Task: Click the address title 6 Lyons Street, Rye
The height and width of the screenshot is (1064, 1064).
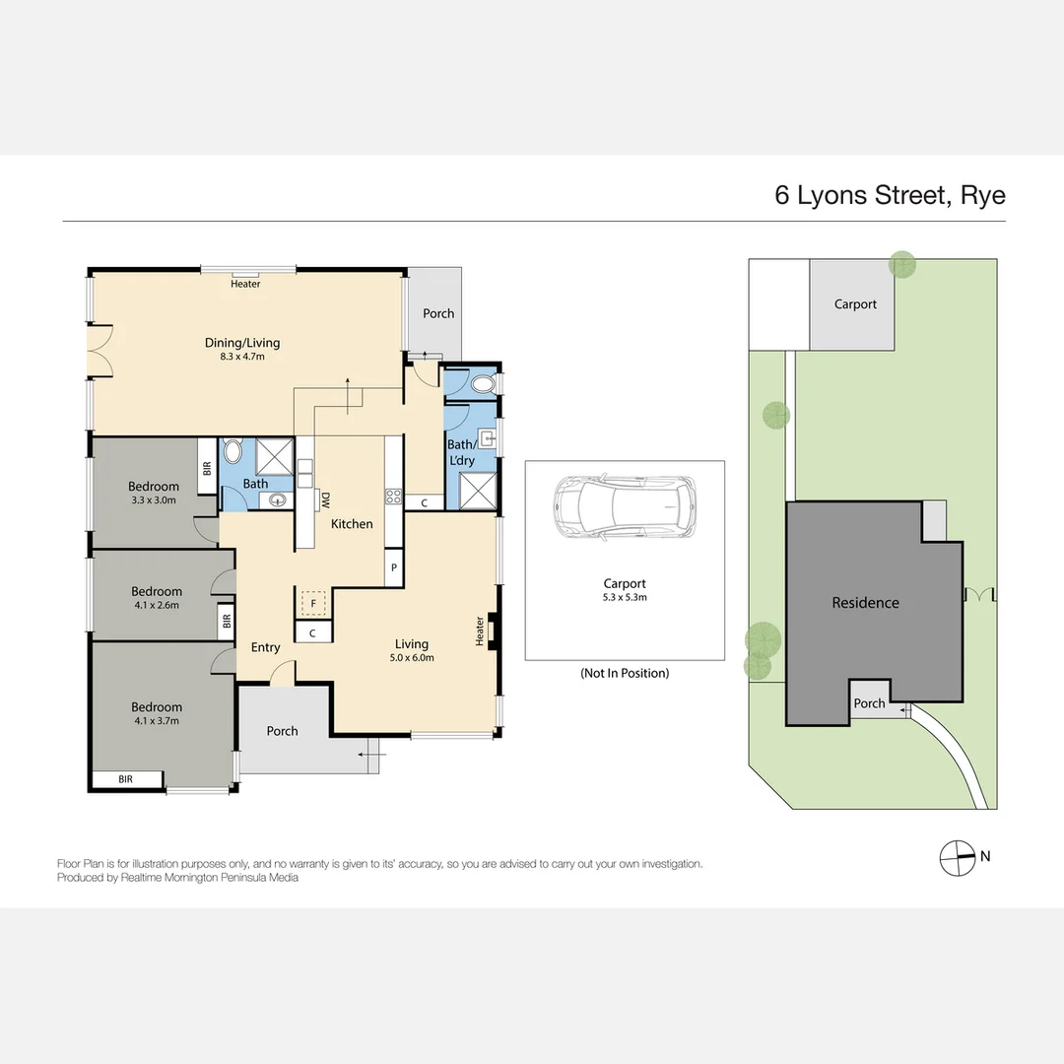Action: [x=890, y=195]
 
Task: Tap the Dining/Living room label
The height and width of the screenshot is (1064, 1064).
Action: [x=242, y=343]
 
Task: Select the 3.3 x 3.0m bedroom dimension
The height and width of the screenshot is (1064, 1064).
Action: [x=154, y=499]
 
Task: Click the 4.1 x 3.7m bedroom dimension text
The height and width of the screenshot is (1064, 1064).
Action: [x=156, y=721]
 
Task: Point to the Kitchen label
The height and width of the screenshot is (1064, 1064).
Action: [x=352, y=524]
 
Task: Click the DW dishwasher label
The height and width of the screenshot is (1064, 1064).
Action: [x=324, y=500]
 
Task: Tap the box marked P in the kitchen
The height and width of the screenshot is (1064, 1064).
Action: [x=394, y=568]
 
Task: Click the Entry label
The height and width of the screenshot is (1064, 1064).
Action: [x=265, y=647]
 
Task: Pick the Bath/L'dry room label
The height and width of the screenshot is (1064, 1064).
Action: [x=461, y=452]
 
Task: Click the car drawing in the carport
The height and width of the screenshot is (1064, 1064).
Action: [x=625, y=506]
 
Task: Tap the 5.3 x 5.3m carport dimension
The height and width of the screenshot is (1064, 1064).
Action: [x=625, y=597]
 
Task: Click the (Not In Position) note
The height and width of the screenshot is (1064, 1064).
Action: [x=625, y=673]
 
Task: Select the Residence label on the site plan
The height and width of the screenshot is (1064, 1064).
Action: [x=865, y=603]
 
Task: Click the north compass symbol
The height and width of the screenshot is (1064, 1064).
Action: [x=955, y=857]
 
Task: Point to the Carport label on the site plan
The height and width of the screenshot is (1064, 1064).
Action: [x=855, y=304]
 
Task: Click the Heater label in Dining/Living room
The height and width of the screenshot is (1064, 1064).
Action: [x=245, y=285]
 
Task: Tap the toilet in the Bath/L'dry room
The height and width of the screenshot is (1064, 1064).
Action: [x=482, y=384]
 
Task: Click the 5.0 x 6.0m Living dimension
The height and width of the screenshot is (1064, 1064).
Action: [x=412, y=658]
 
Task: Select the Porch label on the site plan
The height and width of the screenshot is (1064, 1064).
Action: [x=869, y=703]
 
